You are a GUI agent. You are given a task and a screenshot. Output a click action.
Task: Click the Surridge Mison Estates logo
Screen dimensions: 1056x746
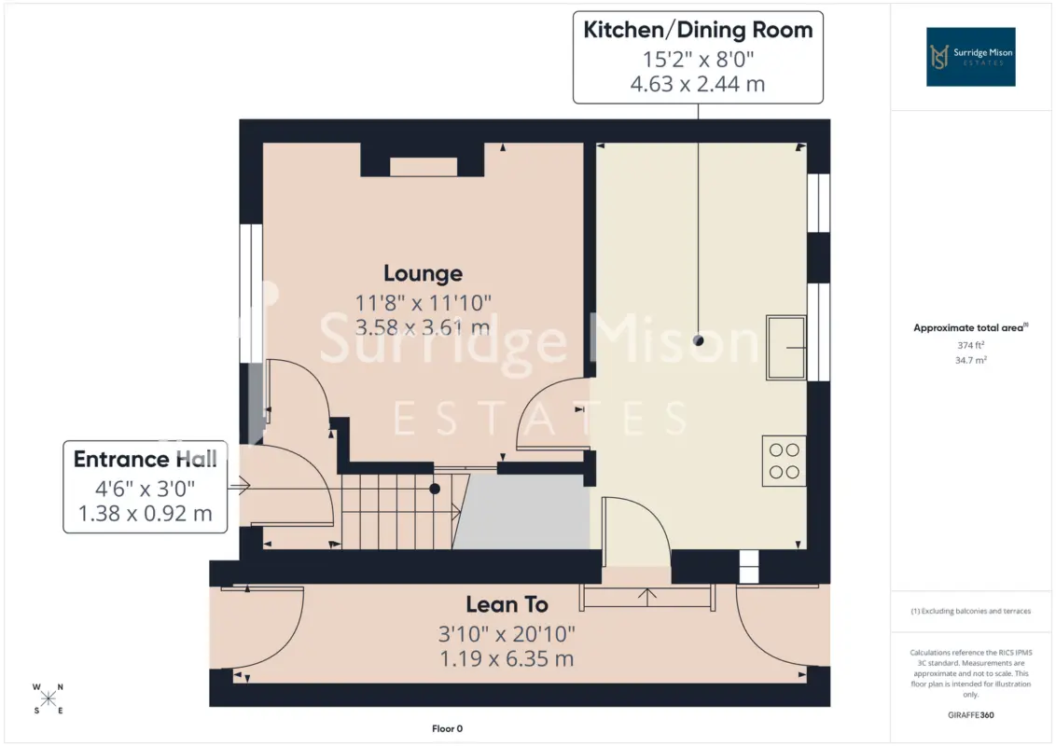point(970,57)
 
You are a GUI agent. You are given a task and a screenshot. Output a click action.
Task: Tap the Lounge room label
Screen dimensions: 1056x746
point(423,273)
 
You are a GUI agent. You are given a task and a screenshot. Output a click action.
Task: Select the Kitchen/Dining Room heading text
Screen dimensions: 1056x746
point(698,30)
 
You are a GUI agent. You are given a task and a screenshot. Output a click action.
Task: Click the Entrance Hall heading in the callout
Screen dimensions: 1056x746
point(145,459)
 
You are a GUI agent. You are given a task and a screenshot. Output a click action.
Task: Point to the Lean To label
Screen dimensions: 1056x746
point(507,604)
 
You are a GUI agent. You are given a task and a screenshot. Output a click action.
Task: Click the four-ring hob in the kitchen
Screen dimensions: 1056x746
point(784,462)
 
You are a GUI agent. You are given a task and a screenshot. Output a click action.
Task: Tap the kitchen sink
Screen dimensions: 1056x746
point(786,348)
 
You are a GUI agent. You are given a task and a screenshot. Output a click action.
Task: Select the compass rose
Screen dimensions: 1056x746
point(48,698)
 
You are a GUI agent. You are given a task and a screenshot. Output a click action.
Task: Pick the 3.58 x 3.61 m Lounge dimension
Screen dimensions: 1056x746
point(423,328)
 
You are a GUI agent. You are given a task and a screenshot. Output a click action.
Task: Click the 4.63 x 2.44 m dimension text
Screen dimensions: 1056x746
point(698,84)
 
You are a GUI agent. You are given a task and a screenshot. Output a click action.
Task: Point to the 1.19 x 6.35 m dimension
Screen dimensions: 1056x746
point(507,658)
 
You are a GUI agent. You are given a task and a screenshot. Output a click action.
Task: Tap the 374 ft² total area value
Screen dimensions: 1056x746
point(970,345)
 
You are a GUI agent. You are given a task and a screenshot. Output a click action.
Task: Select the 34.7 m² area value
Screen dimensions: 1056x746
point(970,360)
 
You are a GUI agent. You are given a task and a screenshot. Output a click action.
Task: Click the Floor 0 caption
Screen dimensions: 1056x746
point(447,728)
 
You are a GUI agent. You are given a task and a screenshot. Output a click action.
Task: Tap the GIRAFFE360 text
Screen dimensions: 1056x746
point(970,715)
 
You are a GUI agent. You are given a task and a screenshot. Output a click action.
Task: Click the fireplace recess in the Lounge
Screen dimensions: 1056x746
point(424,167)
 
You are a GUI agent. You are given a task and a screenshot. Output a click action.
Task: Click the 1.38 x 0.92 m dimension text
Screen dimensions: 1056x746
point(145,514)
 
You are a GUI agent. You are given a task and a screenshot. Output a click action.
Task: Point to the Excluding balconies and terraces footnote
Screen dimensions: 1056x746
point(970,612)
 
